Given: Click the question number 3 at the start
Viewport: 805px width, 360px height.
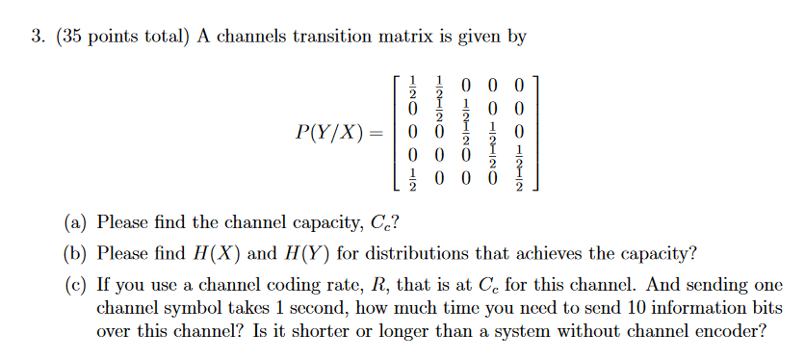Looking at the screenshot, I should tap(36, 38).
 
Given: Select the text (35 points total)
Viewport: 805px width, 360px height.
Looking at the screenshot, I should tap(122, 38).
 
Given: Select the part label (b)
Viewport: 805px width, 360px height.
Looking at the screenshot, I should tap(76, 254).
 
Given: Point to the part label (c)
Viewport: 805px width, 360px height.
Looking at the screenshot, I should tap(76, 286).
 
